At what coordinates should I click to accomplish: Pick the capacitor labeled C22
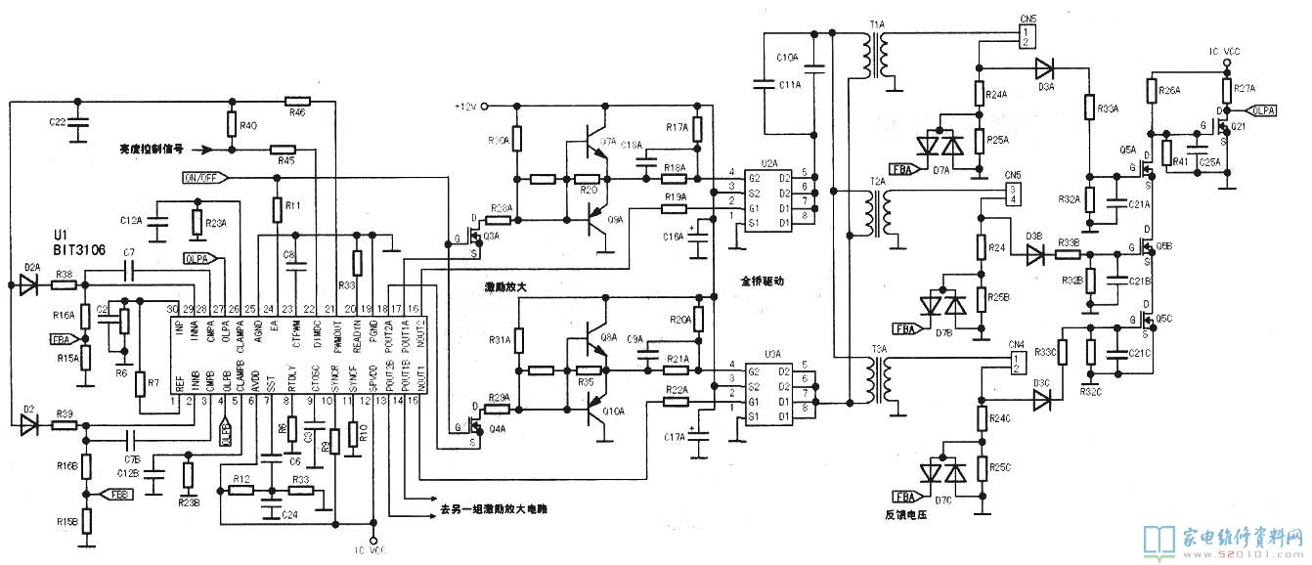point(81,121)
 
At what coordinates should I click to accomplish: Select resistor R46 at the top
point(297,101)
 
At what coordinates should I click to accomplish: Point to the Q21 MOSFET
point(1216,125)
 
